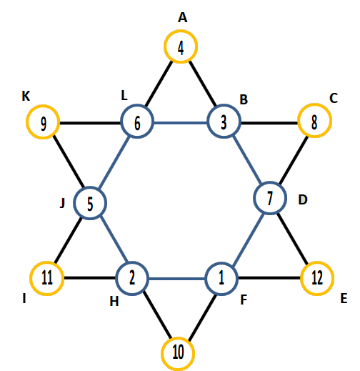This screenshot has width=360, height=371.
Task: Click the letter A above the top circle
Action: pos(183,18)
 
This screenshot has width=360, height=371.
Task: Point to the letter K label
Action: pos(26,97)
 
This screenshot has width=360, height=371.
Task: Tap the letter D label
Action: pos(303,199)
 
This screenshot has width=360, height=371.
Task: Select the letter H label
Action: pos(114,302)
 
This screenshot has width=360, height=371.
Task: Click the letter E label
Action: pos(344,298)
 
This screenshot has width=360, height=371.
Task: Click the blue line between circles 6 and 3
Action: pos(181,123)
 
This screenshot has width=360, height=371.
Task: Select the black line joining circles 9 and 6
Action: pos(90,123)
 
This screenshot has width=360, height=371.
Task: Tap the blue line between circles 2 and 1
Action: pos(177,278)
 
